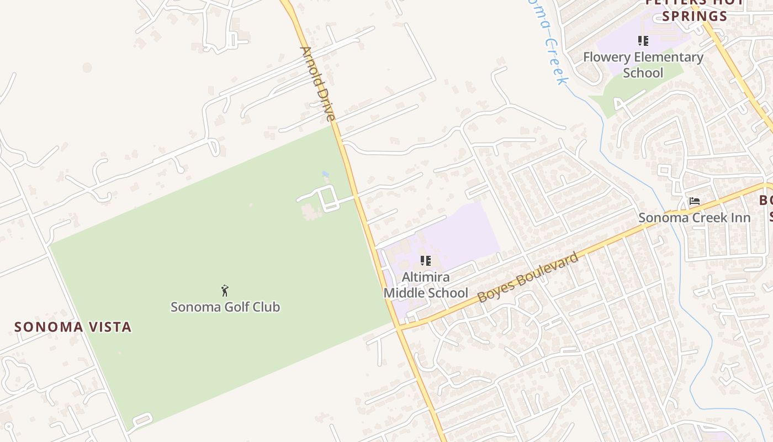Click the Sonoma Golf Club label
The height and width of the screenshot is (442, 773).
[x=225, y=307]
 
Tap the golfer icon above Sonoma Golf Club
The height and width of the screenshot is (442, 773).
[x=225, y=291]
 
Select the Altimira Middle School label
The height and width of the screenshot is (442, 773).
[x=426, y=285]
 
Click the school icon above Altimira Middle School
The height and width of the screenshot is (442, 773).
[x=425, y=261]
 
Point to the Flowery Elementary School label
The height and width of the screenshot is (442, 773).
[x=643, y=65]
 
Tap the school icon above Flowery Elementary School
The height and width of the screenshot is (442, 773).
[x=643, y=41]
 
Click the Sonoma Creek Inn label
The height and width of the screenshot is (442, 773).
[x=695, y=218]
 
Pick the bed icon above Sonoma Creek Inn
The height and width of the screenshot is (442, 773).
[x=695, y=201]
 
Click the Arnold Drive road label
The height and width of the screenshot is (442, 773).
[x=317, y=83]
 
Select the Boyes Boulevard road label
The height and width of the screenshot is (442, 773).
[x=528, y=277]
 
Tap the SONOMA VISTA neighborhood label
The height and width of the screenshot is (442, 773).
[x=73, y=327]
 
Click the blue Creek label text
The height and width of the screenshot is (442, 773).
[x=554, y=61]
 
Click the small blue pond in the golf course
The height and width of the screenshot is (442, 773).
[x=325, y=175]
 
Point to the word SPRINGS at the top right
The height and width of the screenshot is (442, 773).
[x=695, y=16]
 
